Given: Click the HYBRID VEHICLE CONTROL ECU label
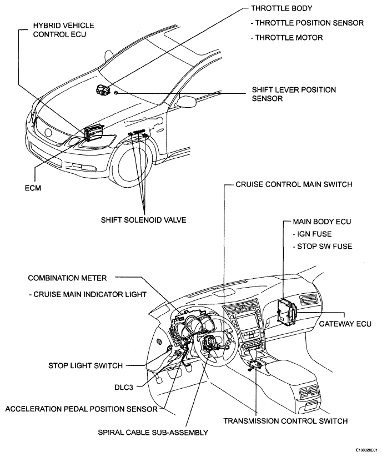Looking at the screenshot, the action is coord(63,30).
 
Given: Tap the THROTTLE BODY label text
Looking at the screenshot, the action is coord(282,8).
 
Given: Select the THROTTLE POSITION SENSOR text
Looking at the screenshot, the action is coord(309,23).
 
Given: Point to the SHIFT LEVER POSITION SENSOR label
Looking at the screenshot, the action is coord(294,94).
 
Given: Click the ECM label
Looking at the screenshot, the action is coord(33,188).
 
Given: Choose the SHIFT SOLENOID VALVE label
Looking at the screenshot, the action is coord(143,219).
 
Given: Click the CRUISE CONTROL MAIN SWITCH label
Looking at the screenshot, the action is coord(294,184).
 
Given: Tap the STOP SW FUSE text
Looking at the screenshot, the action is coord(324,247).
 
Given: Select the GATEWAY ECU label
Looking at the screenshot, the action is coord(345,324).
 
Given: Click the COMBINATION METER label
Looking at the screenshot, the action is coord(67,278).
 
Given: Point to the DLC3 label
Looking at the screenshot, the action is coord(124,387).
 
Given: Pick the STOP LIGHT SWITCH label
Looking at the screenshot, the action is coord(86,365).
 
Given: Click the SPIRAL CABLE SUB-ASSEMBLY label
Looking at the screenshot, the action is coord(153,432).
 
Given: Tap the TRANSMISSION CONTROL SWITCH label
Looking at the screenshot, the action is coord(285,421).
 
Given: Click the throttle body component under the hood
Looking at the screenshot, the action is coord(102,89).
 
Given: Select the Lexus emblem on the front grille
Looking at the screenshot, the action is coord(48,133).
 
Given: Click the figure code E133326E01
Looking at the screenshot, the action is coord(366,450).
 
